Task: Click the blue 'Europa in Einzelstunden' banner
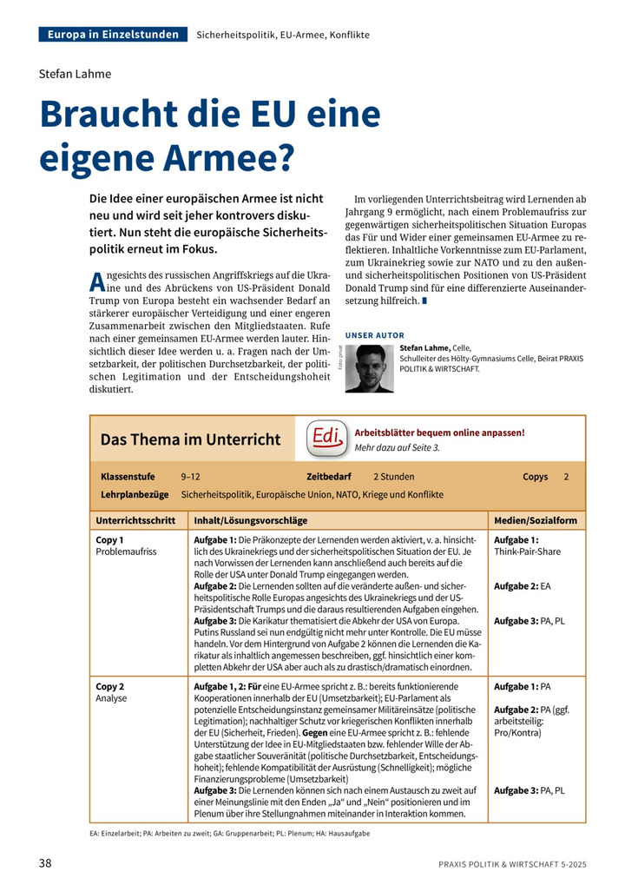[113, 35]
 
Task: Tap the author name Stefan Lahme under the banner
[76, 74]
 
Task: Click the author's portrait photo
[369, 368]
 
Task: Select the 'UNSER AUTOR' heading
[374, 335]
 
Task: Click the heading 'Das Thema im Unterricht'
[190, 439]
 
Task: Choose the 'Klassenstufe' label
[128, 477]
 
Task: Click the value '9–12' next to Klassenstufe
[190, 477]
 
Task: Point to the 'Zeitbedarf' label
[329, 477]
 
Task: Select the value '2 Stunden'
[393, 477]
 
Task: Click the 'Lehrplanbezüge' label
[135, 494]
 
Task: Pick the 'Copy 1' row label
[109, 539]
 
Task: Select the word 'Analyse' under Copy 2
[111, 697]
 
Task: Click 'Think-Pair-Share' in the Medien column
[527, 551]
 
